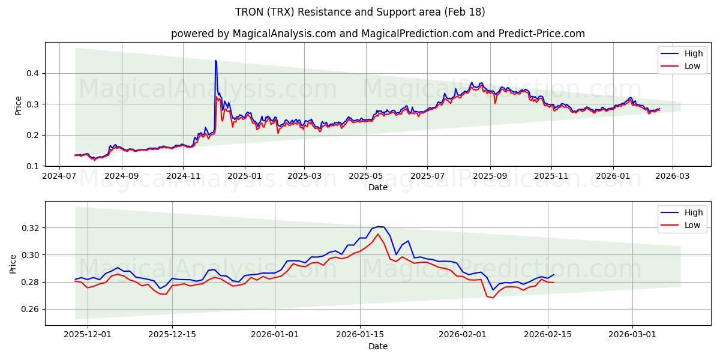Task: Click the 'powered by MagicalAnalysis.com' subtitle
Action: (x=377, y=34)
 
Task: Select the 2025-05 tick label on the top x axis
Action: (x=366, y=176)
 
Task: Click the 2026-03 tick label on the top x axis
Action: (x=672, y=176)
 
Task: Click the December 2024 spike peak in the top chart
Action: (x=215, y=61)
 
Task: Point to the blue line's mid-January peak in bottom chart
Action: (x=379, y=226)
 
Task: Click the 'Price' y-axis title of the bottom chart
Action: (x=13, y=263)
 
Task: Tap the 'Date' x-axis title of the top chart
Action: (x=377, y=187)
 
